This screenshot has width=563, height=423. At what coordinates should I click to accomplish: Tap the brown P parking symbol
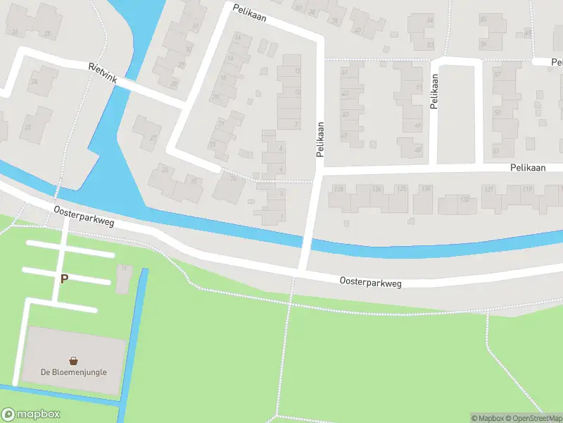[x=64, y=279]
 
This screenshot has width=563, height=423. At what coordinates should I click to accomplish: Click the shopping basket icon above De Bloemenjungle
[x=73, y=360]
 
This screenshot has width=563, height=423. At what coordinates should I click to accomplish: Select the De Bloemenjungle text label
[x=73, y=372]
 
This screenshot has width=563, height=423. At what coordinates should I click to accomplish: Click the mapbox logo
[x=31, y=414]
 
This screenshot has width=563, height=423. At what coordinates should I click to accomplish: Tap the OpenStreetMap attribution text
[x=533, y=418]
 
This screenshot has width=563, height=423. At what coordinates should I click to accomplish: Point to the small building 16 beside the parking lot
[x=124, y=278]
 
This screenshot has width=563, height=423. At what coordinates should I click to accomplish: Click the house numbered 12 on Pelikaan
[x=290, y=70]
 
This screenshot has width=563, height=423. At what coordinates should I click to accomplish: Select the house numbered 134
[x=424, y=199]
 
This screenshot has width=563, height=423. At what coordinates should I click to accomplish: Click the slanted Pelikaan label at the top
[x=250, y=12]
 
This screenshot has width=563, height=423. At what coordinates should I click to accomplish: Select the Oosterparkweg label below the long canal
[x=370, y=282]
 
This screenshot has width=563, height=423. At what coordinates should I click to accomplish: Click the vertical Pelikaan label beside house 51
[x=434, y=91]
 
